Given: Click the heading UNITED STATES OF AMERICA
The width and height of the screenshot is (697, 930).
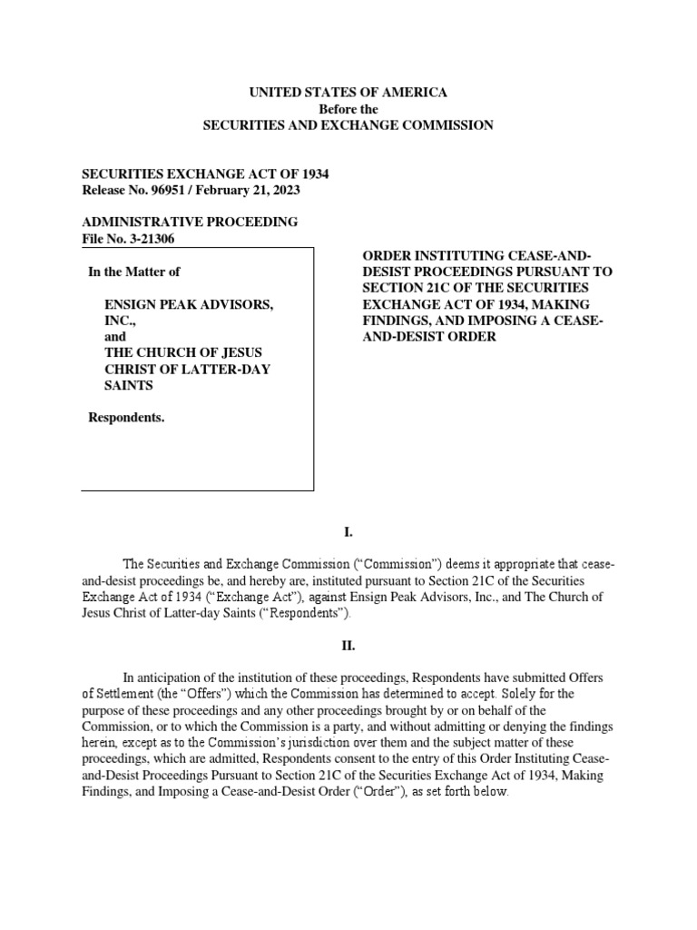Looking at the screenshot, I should point(348,93).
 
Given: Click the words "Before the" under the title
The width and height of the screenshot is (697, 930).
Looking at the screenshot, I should point(348,109).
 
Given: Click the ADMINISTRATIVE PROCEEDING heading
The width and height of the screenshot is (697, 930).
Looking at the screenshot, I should point(190,223).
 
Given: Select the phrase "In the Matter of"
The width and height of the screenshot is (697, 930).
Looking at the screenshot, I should point(139,271).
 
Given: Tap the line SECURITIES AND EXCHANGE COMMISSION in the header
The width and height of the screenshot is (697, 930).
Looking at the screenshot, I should point(348,125).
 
